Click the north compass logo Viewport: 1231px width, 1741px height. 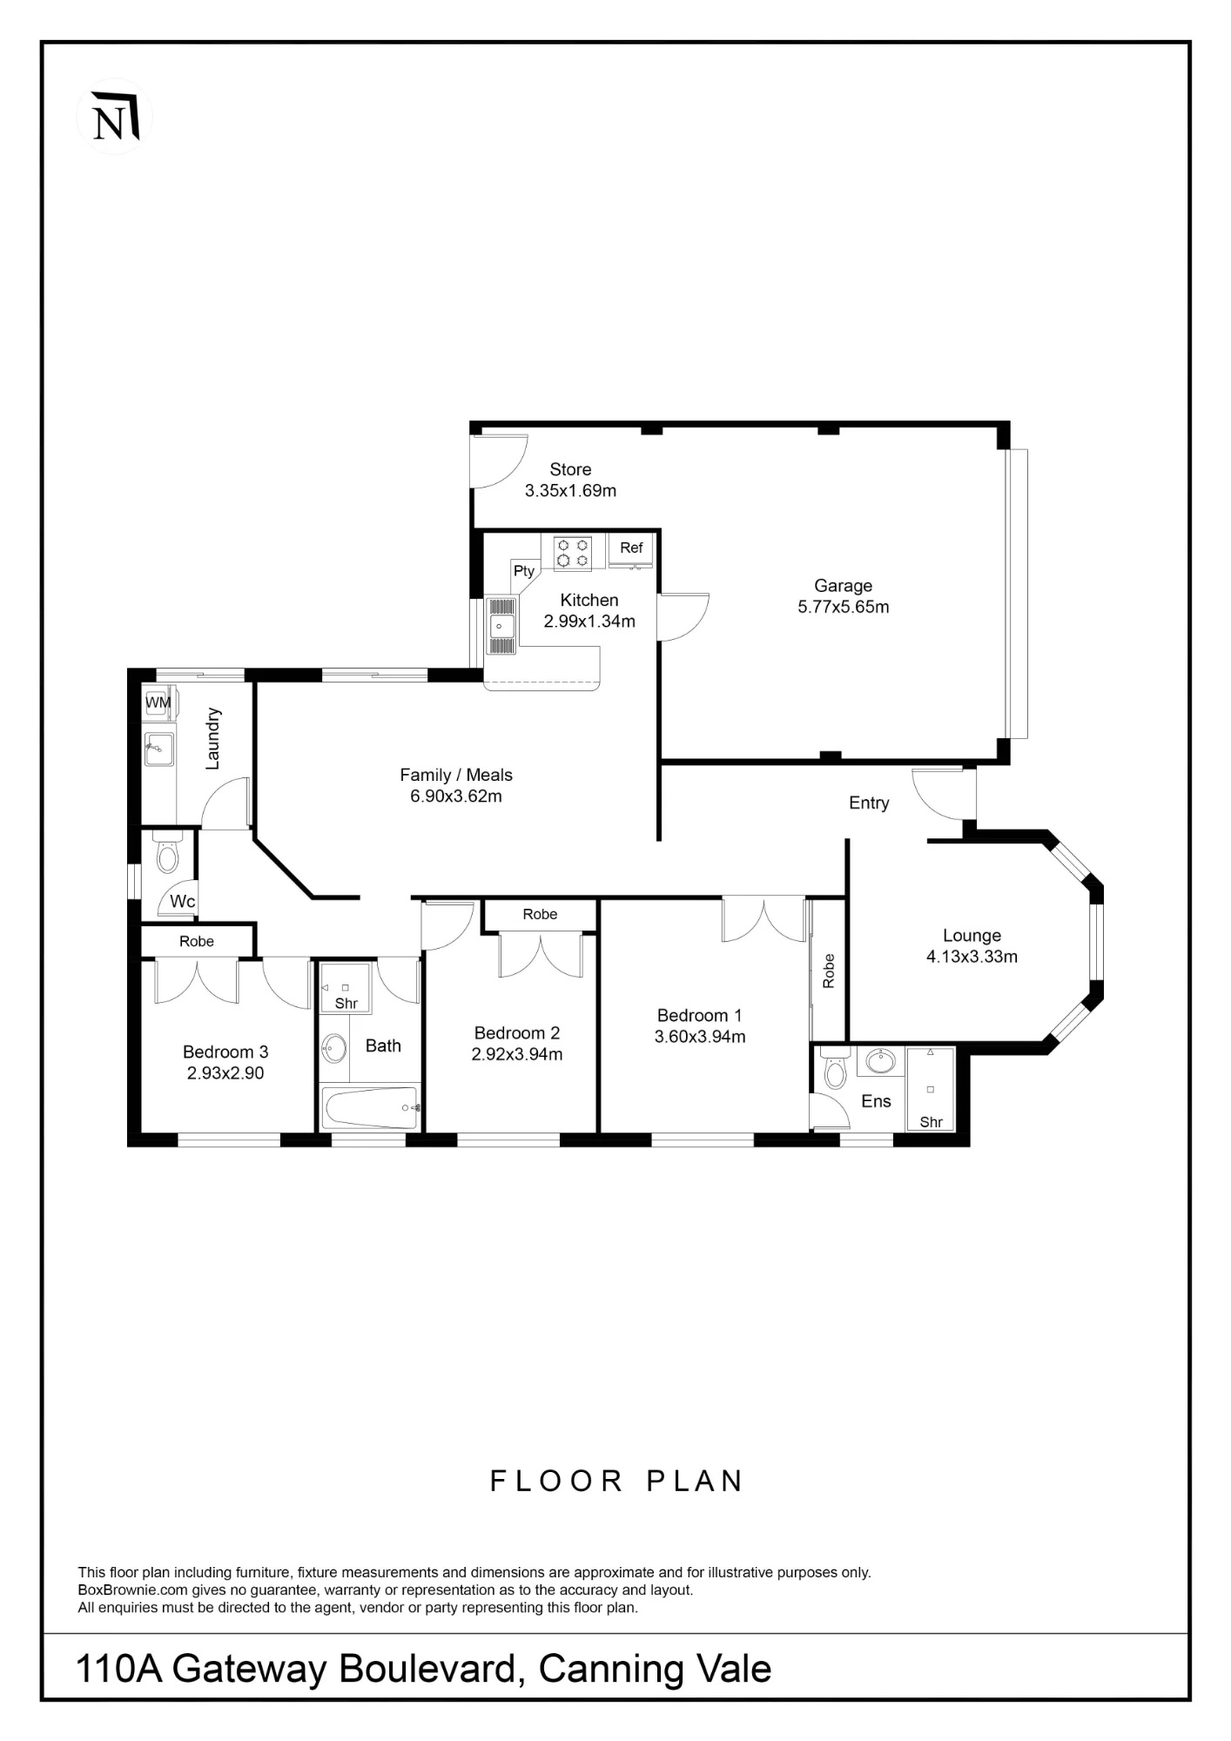click(x=115, y=117)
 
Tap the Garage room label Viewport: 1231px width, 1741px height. click(x=843, y=586)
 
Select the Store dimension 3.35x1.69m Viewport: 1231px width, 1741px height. click(x=570, y=491)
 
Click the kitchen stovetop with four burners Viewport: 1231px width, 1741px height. click(x=573, y=553)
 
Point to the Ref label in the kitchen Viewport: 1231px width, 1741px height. click(x=631, y=548)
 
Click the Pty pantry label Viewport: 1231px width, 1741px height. click(x=524, y=571)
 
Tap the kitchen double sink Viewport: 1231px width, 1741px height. click(x=501, y=625)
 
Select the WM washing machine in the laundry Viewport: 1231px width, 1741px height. click(x=158, y=702)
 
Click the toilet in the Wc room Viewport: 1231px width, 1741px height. click(x=166, y=852)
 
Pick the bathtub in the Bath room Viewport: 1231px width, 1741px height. click(x=371, y=1108)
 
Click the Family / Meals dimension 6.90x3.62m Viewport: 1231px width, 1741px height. click(x=456, y=797)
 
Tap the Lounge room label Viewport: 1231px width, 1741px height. click(x=972, y=936)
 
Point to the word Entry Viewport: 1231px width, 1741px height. click(x=869, y=803)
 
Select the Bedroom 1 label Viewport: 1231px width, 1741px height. click(x=700, y=1016)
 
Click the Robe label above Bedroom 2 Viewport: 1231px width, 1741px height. click(x=540, y=914)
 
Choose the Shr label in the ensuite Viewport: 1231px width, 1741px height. click(x=931, y=1122)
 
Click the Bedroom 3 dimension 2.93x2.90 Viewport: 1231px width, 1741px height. click(x=225, y=1073)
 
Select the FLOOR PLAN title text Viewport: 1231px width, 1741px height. click(x=616, y=1481)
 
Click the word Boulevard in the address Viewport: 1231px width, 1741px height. click(x=431, y=1669)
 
